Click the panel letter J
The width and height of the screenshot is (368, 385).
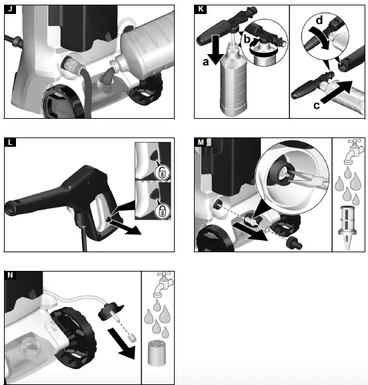click(x=10, y=9)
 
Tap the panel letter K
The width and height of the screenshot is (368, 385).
click(x=201, y=9)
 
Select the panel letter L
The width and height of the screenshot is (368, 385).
click(x=10, y=142)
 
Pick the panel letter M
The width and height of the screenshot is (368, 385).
click(x=201, y=142)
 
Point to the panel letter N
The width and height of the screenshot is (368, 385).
click(x=10, y=276)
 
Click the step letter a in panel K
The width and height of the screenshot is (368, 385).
click(x=205, y=62)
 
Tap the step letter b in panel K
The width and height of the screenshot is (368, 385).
click(x=247, y=39)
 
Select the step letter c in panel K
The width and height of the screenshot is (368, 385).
click(x=317, y=105)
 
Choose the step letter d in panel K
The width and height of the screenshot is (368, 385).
click(x=319, y=20)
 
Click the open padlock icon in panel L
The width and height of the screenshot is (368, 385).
click(x=162, y=172)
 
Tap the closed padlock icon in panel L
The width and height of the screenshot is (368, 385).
click(x=162, y=211)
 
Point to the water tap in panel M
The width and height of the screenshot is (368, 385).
click(x=353, y=151)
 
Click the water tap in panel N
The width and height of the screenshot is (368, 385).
click(x=163, y=284)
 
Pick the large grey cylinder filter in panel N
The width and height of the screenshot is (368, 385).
click(x=157, y=353)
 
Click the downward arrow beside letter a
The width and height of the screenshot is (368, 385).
click(x=216, y=49)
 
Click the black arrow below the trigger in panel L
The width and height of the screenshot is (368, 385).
click(x=125, y=228)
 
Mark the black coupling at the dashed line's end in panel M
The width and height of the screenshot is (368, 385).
click(x=295, y=244)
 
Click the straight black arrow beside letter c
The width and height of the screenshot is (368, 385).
click(x=337, y=92)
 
